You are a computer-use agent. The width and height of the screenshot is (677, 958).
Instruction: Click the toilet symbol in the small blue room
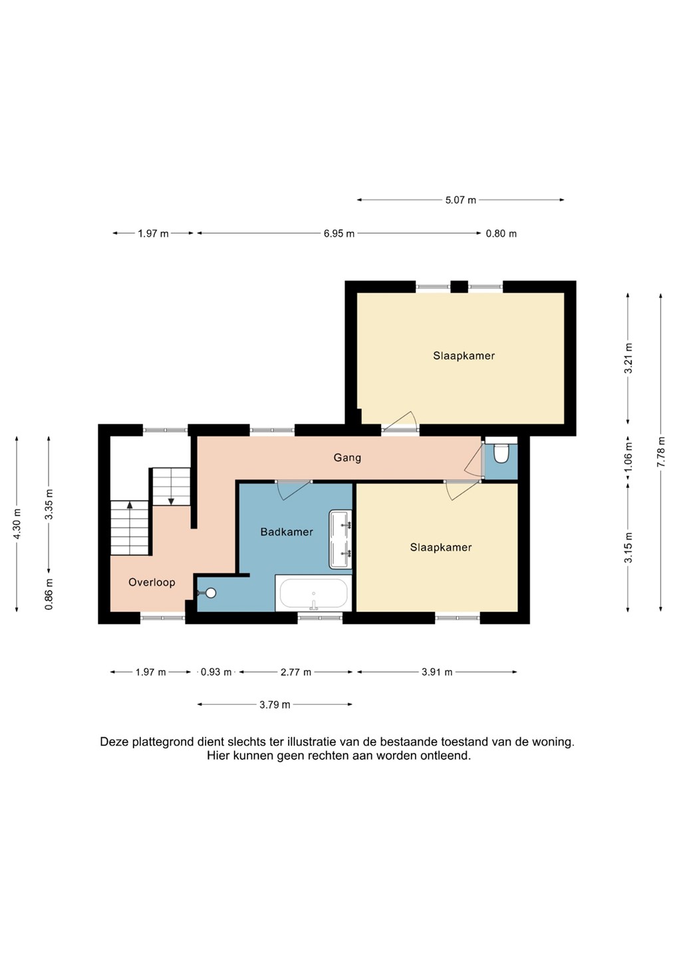tap(501, 454)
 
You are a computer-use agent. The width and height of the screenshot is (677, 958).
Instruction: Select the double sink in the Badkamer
tap(340, 539)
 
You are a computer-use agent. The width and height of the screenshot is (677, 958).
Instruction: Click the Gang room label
tap(347, 458)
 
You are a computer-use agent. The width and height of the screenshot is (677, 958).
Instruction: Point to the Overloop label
tap(152, 582)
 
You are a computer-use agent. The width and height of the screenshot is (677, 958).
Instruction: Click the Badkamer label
tap(287, 532)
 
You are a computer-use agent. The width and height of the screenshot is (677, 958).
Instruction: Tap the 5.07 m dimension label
tap(461, 200)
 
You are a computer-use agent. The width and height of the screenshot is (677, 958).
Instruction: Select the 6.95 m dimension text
tap(339, 234)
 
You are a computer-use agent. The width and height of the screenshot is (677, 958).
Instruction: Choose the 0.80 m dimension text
tap(501, 234)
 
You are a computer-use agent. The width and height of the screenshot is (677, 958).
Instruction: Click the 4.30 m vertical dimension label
tap(17, 524)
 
